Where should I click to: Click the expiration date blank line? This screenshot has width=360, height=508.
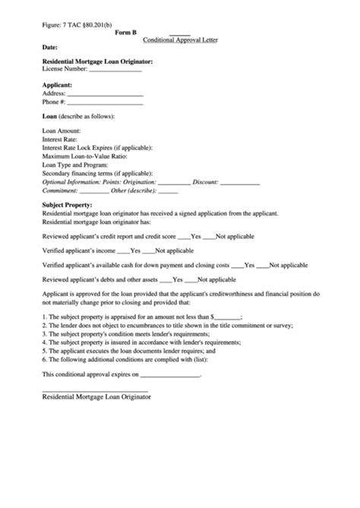(170, 376)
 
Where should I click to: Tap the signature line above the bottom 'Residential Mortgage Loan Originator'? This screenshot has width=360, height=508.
(95, 391)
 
